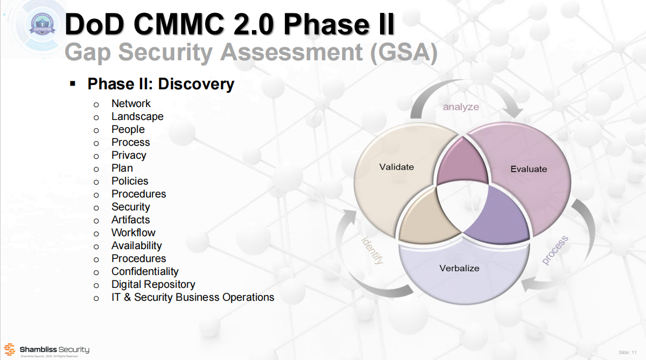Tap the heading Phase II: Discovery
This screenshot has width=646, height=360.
[161, 84]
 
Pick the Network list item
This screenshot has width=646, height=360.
[131, 103]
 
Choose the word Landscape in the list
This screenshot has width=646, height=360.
[137, 116]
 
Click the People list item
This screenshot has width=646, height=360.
[128, 129]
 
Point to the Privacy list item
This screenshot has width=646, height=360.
[129, 155]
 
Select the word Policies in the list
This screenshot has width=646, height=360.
[130, 181]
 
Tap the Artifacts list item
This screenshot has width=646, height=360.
[131, 220]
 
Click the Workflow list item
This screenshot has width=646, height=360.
[134, 232]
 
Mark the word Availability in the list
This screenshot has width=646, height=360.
[137, 245]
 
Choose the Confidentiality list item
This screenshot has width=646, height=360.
[145, 271]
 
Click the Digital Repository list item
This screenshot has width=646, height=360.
[153, 284]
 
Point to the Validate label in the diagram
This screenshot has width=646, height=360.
[397, 167]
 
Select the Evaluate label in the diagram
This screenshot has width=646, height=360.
[529, 169]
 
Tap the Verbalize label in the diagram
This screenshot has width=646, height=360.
[459, 268]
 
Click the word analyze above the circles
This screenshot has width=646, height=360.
[461, 107]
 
